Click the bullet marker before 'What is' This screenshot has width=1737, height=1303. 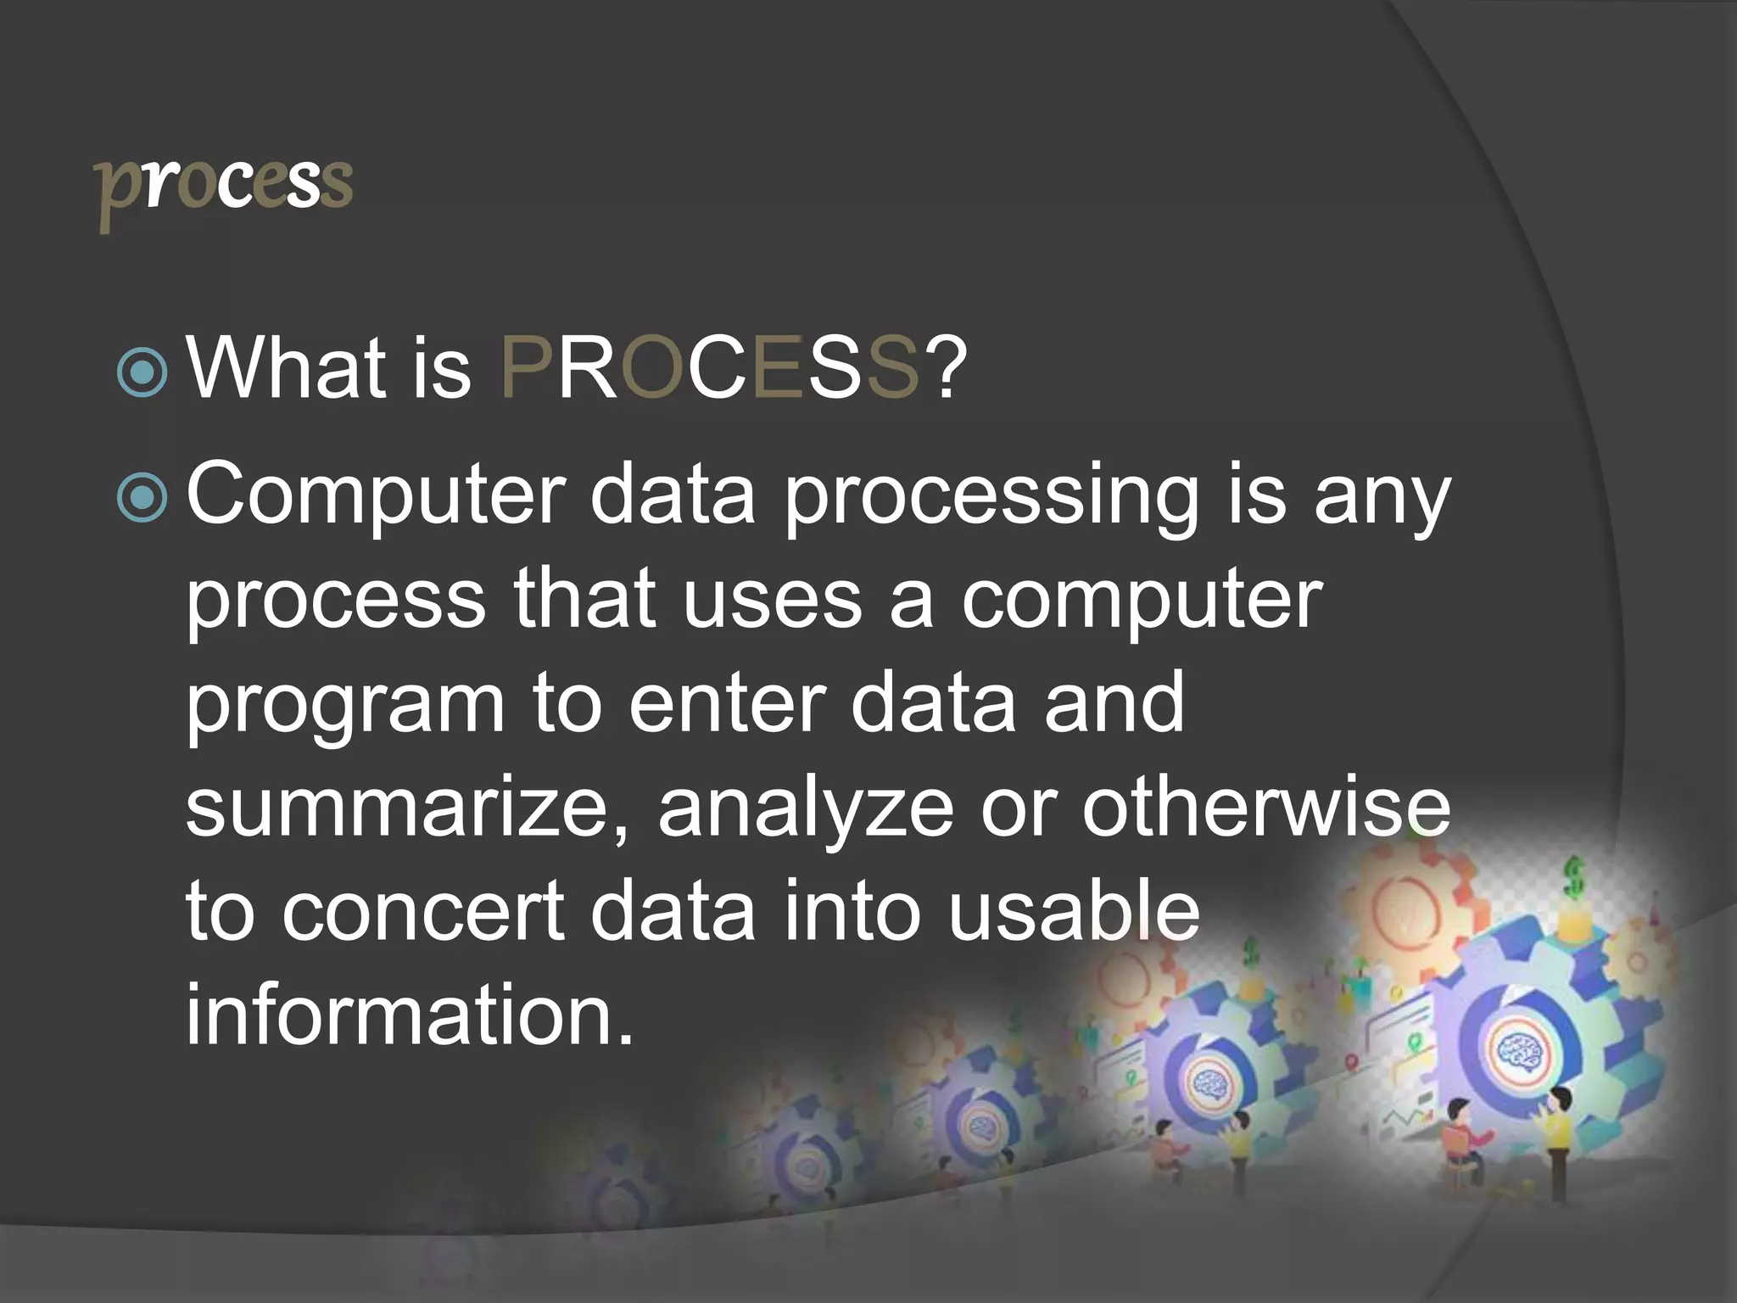click(142, 372)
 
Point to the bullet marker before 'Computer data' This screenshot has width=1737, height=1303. click(142, 499)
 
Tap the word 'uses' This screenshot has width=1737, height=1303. click(771, 601)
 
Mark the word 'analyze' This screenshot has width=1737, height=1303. click(805, 811)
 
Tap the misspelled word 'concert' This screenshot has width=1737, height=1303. click(423, 912)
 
